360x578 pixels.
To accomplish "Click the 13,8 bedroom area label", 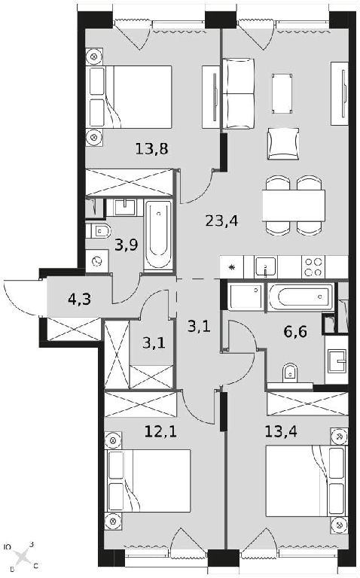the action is [152, 149].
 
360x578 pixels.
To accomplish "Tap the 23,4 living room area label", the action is [221, 221].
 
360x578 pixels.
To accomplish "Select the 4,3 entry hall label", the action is [79, 299].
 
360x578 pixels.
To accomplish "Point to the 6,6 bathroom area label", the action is [295, 332].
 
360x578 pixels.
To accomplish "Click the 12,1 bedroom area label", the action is [160, 431].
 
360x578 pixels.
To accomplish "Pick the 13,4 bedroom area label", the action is [281, 431].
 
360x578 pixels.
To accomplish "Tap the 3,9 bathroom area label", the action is [126, 245].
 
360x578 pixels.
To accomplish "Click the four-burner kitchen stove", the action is [313, 267].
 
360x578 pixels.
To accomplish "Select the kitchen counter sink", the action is [266, 267].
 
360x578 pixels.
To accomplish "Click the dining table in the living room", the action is [294, 205].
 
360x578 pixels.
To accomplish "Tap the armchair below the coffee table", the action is [283, 144].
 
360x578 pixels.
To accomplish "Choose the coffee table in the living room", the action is [282, 93].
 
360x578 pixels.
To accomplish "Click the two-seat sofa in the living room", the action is [238, 93].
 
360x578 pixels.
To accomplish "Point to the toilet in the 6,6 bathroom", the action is [290, 373].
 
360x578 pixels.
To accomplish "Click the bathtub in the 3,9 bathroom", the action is [158, 235].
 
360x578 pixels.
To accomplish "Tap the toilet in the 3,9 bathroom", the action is [98, 231].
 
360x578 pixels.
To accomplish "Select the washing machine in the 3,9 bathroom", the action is [97, 261].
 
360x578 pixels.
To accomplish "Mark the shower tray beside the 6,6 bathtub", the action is [246, 297].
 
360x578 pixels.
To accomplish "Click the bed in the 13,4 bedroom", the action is [307, 482].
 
